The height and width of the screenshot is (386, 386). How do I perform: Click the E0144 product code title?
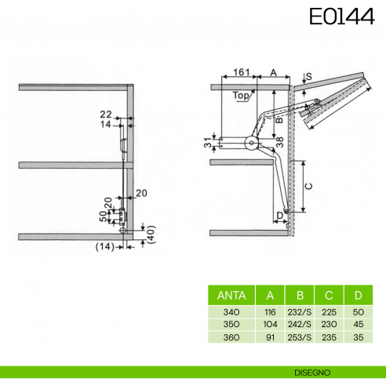(342, 16)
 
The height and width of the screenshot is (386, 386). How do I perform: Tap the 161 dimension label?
(241, 72)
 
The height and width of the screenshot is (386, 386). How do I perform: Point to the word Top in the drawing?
(241, 96)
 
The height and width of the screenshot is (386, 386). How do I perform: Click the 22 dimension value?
(106, 115)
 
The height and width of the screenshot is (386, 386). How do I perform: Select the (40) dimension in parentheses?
(151, 235)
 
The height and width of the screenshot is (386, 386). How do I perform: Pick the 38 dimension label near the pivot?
(280, 142)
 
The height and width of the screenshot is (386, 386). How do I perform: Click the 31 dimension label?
(208, 143)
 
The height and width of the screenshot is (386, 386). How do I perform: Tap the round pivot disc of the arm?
(251, 143)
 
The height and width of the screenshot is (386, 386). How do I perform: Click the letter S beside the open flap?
(309, 77)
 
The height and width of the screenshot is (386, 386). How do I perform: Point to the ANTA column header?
(231, 296)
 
